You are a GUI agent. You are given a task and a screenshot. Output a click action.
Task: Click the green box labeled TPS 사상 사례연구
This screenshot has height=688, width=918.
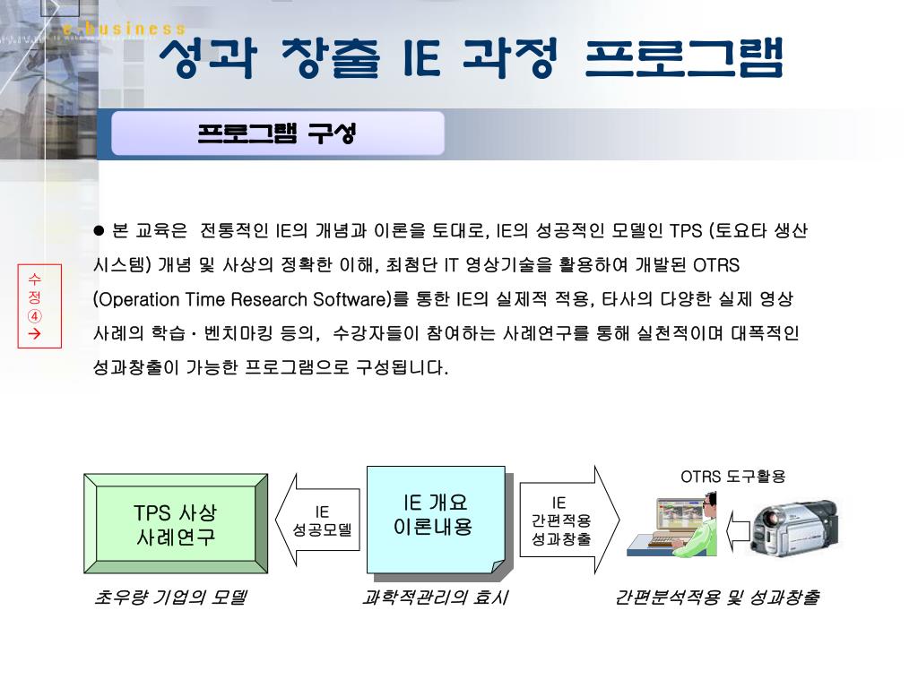[176, 524]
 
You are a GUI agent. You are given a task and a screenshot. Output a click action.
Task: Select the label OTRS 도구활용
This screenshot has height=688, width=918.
[732, 477]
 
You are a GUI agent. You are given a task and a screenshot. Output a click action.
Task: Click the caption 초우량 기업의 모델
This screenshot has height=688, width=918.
[169, 598]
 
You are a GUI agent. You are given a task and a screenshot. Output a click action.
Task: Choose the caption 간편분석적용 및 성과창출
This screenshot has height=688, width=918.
[716, 598]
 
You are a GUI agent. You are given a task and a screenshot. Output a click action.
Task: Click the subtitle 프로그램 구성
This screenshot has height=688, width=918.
[277, 133]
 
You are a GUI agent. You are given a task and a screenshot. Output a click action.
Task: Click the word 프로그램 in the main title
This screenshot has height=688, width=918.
[684, 58]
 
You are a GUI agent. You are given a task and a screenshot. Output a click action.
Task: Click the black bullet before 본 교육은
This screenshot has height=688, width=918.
[100, 231]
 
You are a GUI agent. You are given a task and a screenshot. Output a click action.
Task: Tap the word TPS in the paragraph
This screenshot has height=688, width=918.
[687, 231]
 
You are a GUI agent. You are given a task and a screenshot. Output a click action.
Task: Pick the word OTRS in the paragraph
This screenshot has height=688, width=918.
[716, 265]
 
